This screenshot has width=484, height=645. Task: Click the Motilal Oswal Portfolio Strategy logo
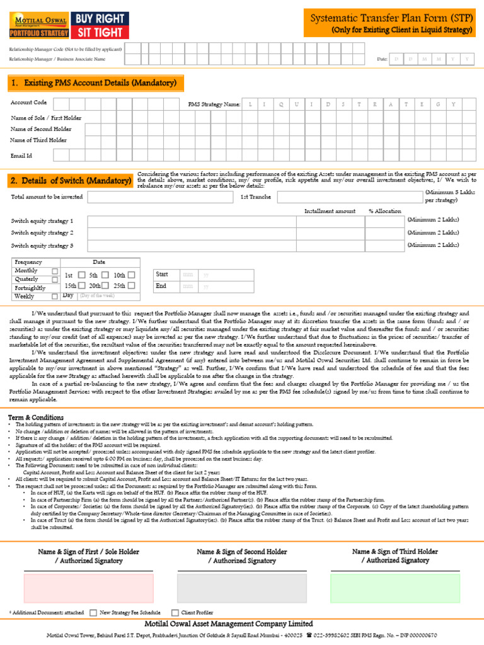click(x=37, y=25)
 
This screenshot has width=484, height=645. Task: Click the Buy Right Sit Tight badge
click(x=100, y=25)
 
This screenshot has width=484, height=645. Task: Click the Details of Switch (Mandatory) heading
click(x=71, y=181)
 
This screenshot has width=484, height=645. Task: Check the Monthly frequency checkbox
click(x=55, y=271)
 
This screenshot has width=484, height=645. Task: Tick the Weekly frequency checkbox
click(x=55, y=296)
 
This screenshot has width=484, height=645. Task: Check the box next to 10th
click(x=131, y=275)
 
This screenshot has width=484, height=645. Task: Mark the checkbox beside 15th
click(x=81, y=286)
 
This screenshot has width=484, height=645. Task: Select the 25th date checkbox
click(x=131, y=286)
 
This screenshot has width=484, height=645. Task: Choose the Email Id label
click(x=21, y=156)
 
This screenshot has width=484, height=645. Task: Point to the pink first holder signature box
click(x=88, y=589)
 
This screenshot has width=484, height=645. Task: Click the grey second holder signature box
click(x=242, y=589)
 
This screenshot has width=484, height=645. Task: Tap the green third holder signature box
click(x=395, y=589)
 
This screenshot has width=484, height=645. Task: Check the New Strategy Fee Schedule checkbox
click(x=93, y=613)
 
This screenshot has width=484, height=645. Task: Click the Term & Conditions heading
click(x=35, y=418)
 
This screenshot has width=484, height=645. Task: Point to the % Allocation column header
click(x=384, y=212)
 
